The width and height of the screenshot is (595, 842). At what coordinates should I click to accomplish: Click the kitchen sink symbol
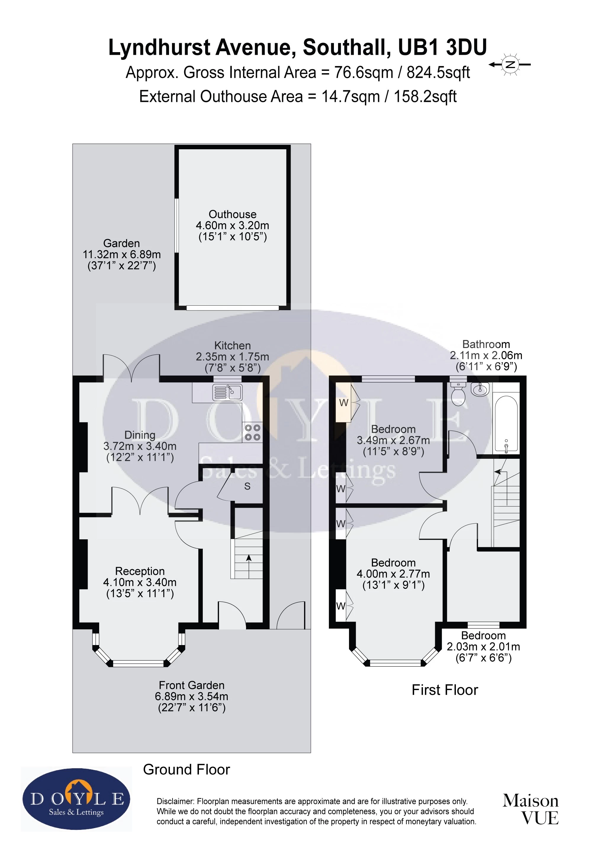[227, 392]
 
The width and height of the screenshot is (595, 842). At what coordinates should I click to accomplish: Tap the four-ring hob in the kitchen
[253, 432]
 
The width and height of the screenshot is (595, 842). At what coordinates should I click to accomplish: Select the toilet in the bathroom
[458, 394]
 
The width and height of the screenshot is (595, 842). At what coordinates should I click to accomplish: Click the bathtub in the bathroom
[506, 423]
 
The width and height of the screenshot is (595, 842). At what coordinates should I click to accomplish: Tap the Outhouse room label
[232, 214]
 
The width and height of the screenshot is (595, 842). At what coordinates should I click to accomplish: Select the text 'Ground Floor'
[186, 769]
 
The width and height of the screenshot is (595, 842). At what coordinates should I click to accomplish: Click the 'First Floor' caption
[445, 690]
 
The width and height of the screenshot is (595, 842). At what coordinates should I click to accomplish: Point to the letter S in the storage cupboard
[247, 486]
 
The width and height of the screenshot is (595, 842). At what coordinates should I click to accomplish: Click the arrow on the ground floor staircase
[249, 559]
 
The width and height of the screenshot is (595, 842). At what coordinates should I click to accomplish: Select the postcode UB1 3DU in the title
[442, 48]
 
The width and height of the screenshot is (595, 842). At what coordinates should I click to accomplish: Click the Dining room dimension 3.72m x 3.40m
[140, 446]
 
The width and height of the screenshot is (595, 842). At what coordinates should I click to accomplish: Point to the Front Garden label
[191, 685]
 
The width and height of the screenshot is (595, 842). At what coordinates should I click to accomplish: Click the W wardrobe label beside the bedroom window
[343, 403]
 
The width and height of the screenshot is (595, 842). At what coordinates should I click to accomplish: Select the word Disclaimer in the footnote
[175, 801]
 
